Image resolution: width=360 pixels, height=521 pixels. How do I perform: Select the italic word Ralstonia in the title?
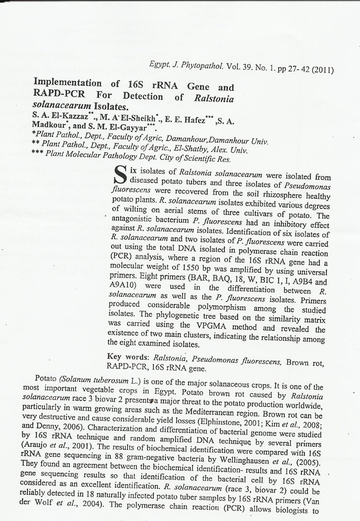point(214,99)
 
